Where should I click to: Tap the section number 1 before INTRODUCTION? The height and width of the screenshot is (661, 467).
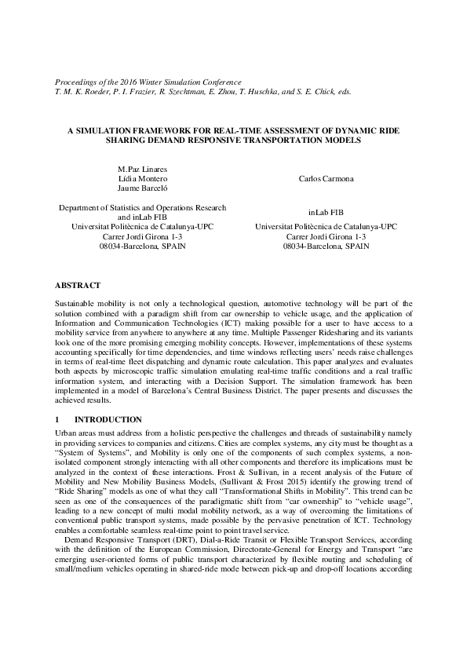57,420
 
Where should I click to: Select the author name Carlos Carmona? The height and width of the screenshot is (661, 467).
326,179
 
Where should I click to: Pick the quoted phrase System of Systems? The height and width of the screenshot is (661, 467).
86,454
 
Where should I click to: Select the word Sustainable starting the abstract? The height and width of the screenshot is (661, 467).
75,301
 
